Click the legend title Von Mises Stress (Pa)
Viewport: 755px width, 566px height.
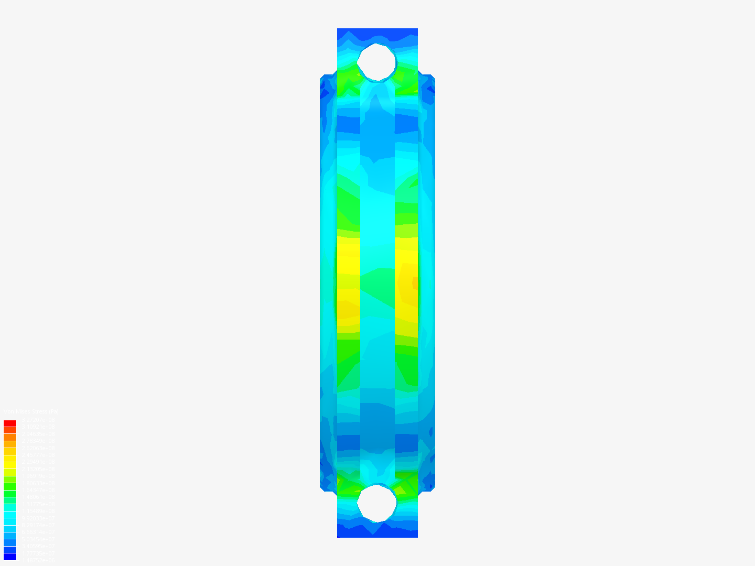click(x=31, y=412)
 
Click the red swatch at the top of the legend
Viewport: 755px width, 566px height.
click(x=10, y=423)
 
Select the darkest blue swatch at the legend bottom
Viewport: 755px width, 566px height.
click(x=10, y=557)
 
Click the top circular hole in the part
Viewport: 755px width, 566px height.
click(x=377, y=62)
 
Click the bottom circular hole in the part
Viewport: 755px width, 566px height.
click(x=377, y=503)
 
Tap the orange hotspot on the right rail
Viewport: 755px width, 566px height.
click(x=414, y=284)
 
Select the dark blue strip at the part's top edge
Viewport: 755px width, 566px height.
click(x=377, y=32)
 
